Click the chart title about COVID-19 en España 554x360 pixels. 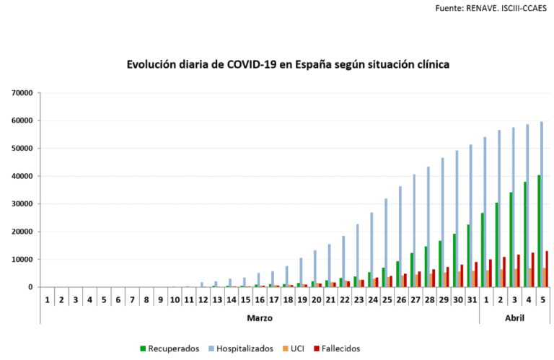(x=288, y=65)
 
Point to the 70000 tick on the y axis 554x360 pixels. (x=22, y=93)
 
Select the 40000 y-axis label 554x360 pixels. (x=22, y=176)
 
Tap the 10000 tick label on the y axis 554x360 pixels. (x=22, y=259)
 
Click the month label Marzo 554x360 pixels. (x=259, y=317)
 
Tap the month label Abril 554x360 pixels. (x=514, y=317)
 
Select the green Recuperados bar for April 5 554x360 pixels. (x=538, y=231)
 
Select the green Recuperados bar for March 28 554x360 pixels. (x=425, y=267)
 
